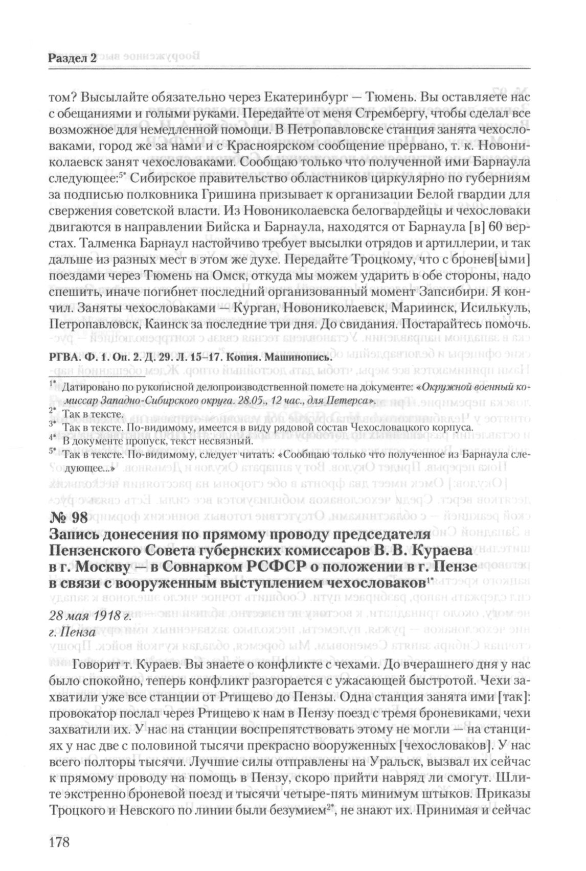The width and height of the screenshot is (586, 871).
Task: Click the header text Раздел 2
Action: (72, 58)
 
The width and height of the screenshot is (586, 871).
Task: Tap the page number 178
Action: (59, 840)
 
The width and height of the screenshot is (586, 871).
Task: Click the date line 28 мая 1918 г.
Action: (90, 615)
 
